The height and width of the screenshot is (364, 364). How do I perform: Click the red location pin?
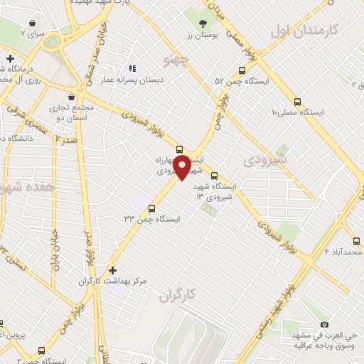click(x=182, y=168)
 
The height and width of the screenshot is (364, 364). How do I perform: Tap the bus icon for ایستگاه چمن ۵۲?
click(x=242, y=71)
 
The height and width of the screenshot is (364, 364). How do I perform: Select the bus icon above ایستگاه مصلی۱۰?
click(x=297, y=101)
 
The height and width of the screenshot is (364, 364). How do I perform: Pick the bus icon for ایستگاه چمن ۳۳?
click(x=152, y=208)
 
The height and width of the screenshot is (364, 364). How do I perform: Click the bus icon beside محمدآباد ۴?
click(x=355, y=240)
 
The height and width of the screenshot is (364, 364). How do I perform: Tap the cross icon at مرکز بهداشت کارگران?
click(x=113, y=270)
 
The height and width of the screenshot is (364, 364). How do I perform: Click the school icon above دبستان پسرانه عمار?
click(x=132, y=69)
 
